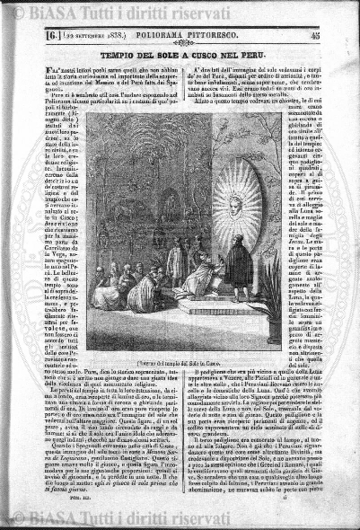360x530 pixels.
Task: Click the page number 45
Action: tap(340, 37)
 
